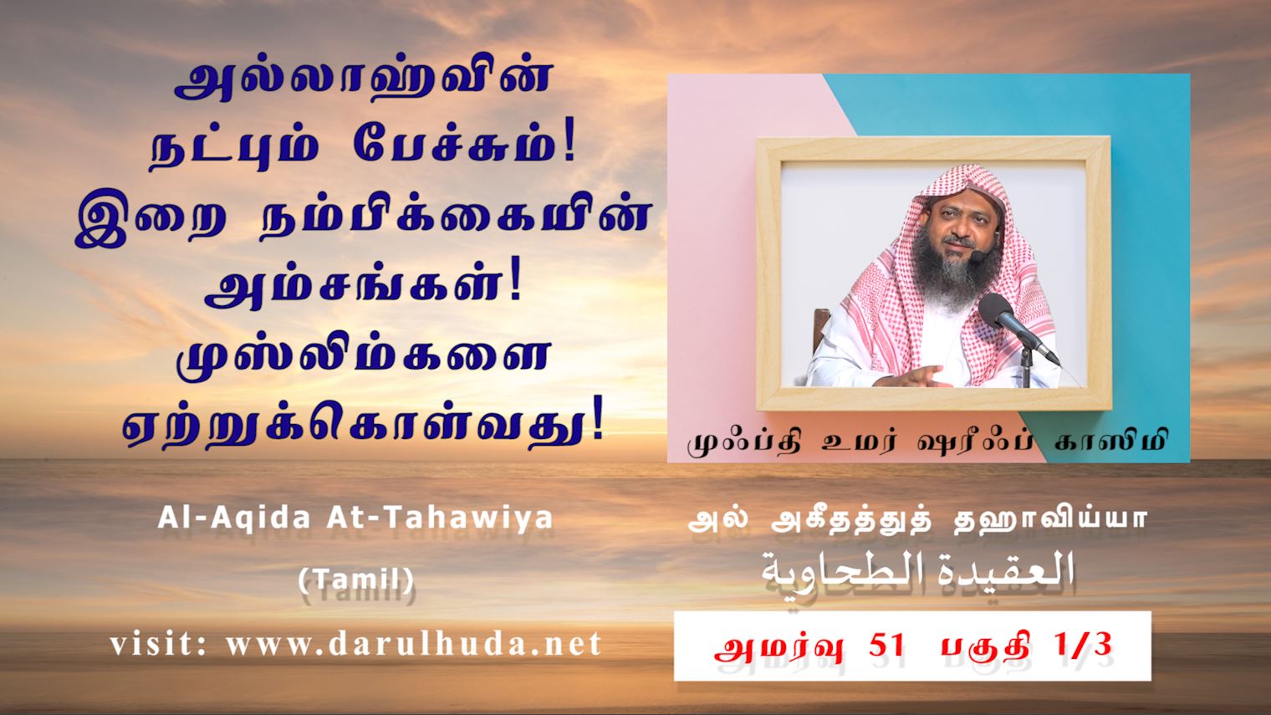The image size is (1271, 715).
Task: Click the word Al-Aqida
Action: pos(234,518)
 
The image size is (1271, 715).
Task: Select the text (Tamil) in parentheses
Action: pos(355,580)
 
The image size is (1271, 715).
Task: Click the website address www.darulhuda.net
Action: pos(414,644)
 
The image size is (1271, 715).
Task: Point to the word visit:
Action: pos(159,644)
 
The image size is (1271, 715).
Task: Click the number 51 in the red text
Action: pos(886,646)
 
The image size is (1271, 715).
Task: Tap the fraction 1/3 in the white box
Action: pos(1085,646)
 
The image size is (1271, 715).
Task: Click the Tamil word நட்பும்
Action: pos(233,151)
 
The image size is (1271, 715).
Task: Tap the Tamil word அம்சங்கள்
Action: pos(363,289)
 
